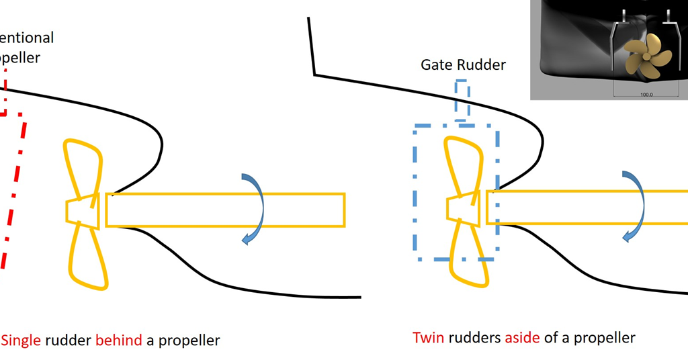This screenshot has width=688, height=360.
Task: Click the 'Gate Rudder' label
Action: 463,64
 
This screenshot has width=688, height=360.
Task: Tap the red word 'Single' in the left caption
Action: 22,340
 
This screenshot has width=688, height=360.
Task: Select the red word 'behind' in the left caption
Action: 119,340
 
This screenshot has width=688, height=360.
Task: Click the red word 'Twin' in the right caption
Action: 427,337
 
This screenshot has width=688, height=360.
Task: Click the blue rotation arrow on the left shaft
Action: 255,208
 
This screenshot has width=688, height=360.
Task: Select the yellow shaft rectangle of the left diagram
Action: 225,209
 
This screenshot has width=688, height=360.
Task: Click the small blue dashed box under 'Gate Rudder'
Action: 462,100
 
